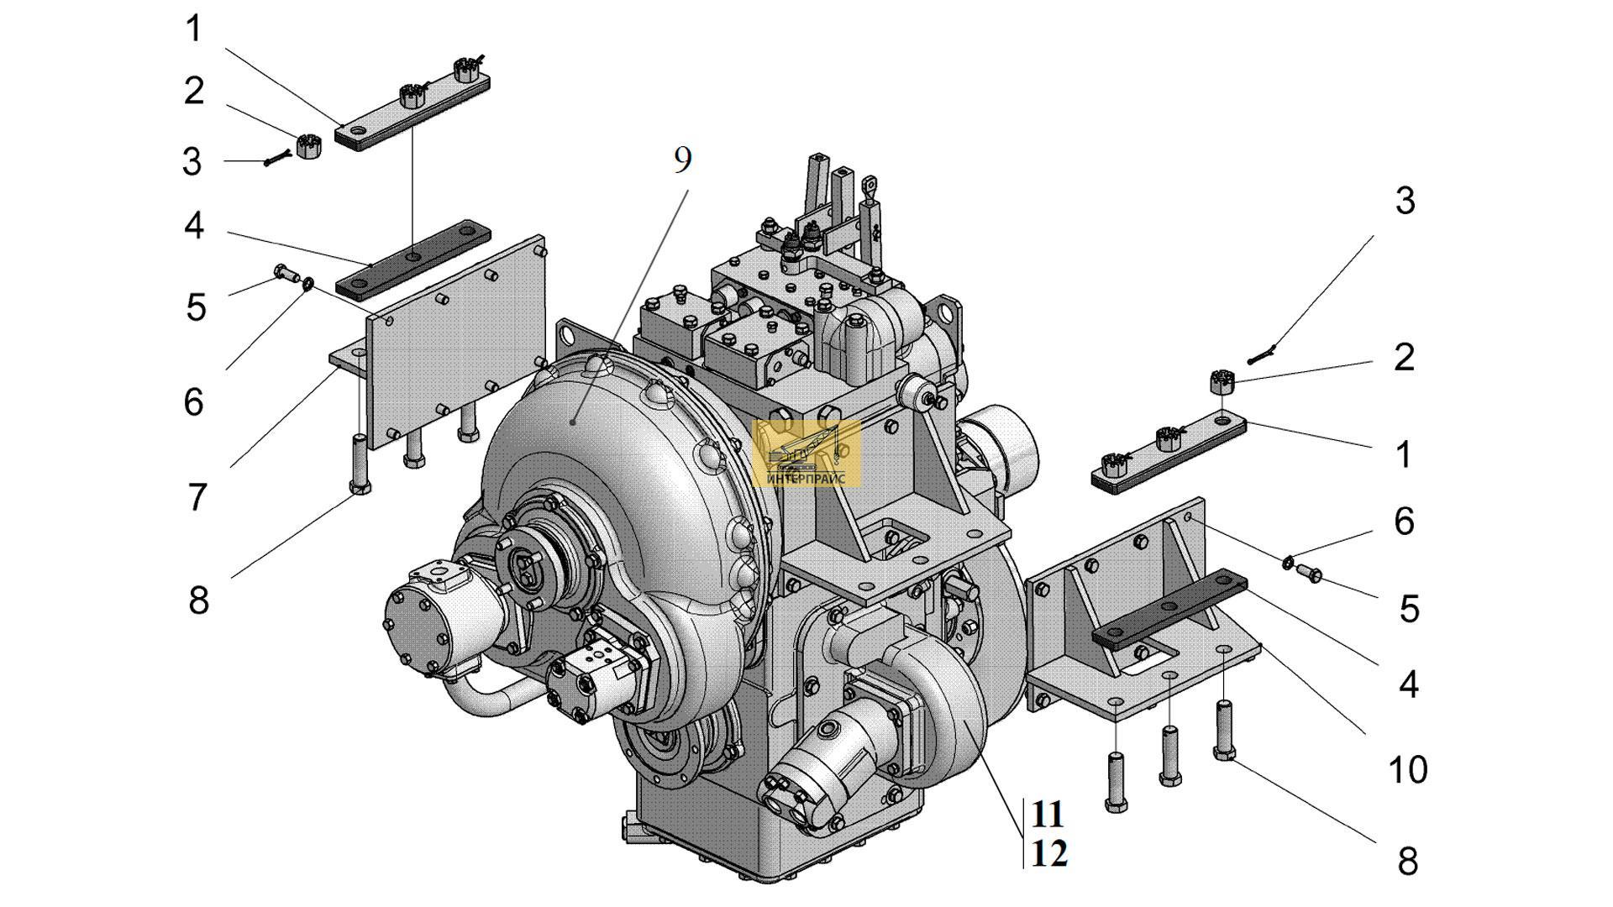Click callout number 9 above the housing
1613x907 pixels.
pyautogui.click(x=682, y=160)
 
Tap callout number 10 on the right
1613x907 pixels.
pyautogui.click(x=1407, y=769)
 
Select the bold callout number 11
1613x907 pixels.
pyautogui.click(x=1048, y=814)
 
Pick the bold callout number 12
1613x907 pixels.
pyautogui.click(x=1049, y=854)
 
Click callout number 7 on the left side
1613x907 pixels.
pyautogui.click(x=196, y=497)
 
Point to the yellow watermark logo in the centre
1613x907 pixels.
pyautogui.click(x=806, y=453)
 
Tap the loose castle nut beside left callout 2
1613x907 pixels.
pyautogui.click(x=307, y=146)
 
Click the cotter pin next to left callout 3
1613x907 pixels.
pyautogui.click(x=277, y=157)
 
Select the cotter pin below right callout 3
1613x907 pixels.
pyautogui.click(x=1263, y=354)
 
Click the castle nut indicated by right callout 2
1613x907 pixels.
pyautogui.click(x=1221, y=382)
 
